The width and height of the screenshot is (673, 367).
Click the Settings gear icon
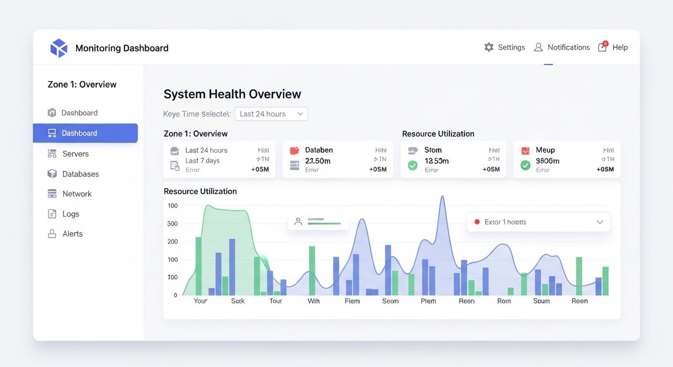coord(488,47)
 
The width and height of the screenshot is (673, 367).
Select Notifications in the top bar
coord(568,47)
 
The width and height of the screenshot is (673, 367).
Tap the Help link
coord(619,47)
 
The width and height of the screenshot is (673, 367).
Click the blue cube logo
coord(59,48)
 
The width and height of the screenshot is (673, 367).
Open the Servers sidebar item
coord(75,154)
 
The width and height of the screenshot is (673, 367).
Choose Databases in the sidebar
coord(80,174)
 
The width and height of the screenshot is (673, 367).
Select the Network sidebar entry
coord(76,194)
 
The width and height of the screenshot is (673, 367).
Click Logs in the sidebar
coord(70,214)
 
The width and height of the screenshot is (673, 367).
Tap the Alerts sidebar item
coord(72,234)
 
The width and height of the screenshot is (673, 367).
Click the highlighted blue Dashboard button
coord(85,133)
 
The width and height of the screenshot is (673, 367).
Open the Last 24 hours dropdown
coord(271,114)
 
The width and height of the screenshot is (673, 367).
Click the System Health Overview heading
coord(232,94)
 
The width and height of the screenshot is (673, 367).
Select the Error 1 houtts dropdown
coord(538,222)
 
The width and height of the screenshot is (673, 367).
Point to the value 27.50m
coord(317,161)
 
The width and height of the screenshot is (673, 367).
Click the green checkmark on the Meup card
coord(525,165)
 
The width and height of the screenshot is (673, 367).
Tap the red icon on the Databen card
coord(294,151)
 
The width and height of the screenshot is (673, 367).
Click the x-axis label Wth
coord(314,301)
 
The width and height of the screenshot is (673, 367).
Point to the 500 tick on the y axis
coord(173,224)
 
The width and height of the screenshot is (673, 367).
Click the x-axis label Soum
coord(542,301)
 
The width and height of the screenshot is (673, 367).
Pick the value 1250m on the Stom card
coord(436,161)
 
